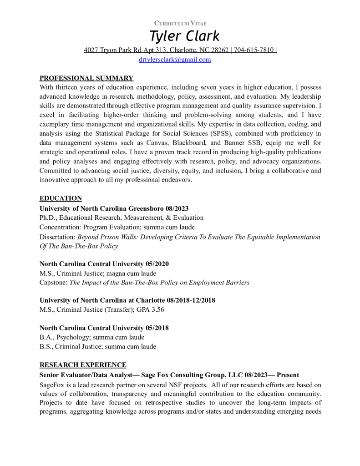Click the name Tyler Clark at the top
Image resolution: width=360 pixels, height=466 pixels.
point(184,36)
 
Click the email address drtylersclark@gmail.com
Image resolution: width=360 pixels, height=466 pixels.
point(175,60)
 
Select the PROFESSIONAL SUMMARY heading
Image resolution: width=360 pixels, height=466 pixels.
point(86,78)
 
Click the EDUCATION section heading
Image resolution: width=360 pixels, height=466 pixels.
point(61,198)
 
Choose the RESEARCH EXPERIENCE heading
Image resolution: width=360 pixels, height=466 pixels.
point(83,365)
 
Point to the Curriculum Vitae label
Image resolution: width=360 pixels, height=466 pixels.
point(180,23)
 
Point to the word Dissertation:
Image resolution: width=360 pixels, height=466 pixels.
point(58,237)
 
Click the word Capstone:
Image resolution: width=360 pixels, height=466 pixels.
point(54,283)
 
